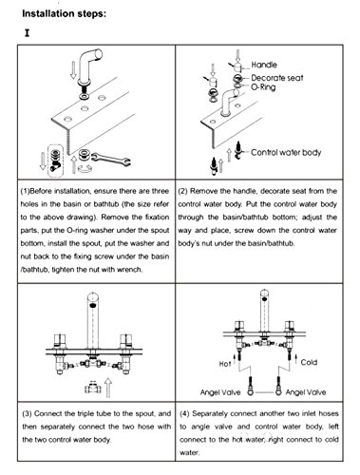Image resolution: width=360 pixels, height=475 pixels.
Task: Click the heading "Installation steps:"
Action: pyautogui.click(x=64, y=14)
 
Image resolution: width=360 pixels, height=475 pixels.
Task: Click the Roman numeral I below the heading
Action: pyautogui.click(x=28, y=33)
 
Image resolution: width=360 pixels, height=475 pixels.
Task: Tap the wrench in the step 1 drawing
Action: pyautogui.click(x=110, y=159)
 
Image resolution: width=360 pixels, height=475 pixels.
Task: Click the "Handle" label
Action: pyautogui.click(x=264, y=65)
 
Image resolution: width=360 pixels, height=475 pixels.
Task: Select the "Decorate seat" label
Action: pyautogui.click(x=277, y=78)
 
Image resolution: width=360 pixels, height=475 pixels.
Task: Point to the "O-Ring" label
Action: pyautogui.click(x=263, y=87)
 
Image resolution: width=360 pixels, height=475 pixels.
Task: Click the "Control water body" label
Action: pyautogui.click(x=286, y=153)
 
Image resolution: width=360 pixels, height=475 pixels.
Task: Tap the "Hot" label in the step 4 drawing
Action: pyautogui.click(x=225, y=364)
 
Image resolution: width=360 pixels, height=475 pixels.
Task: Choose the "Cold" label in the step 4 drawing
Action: pyautogui.click(x=309, y=362)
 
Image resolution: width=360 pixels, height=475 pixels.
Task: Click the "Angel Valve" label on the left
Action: pyautogui.click(x=220, y=392)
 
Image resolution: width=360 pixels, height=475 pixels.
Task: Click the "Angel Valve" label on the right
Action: pyautogui.click(x=306, y=392)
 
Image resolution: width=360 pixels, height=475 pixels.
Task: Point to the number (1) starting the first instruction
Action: pyautogui.click(x=25, y=191)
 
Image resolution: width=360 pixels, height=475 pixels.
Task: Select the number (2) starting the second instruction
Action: pyautogui.click(x=182, y=191)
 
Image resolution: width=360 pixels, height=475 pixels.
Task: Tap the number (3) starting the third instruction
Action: pyautogui.click(x=27, y=414)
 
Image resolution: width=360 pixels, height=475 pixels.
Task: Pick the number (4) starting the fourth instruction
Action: pyautogui.click(x=184, y=414)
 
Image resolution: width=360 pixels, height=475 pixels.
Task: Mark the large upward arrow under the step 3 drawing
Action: pyautogui.click(x=108, y=388)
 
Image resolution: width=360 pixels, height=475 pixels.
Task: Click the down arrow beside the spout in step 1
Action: pyautogui.click(x=73, y=70)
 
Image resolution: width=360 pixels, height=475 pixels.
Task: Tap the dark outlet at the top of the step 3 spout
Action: pyautogui.click(x=93, y=306)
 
